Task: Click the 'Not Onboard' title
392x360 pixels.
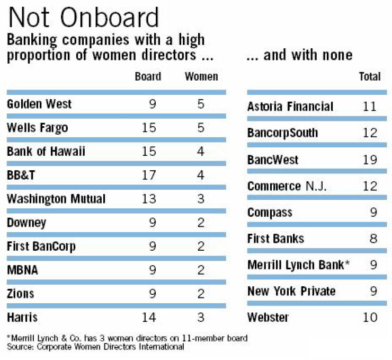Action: (84, 17)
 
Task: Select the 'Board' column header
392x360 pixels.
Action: (148, 76)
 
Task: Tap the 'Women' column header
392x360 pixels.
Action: (201, 76)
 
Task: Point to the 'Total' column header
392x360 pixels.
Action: (370, 76)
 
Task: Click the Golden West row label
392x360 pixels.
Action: (39, 104)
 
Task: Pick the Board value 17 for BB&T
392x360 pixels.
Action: (149, 175)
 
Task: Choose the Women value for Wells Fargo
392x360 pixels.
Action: (201, 128)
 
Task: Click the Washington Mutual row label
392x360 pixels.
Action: (56, 199)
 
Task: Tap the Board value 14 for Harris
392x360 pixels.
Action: (149, 318)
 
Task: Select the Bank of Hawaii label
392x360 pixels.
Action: (46, 151)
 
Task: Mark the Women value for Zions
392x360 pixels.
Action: (201, 294)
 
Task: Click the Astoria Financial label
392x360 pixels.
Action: (290, 107)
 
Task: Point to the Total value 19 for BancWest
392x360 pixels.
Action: (370, 160)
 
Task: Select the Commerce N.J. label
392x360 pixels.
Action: (287, 186)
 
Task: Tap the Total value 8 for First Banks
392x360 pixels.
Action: (373, 239)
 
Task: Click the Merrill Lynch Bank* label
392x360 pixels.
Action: (298, 265)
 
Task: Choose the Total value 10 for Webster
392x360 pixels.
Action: (370, 318)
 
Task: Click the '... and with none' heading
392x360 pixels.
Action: (299, 55)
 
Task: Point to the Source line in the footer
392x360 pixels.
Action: (95, 347)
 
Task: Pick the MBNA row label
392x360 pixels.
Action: (22, 270)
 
